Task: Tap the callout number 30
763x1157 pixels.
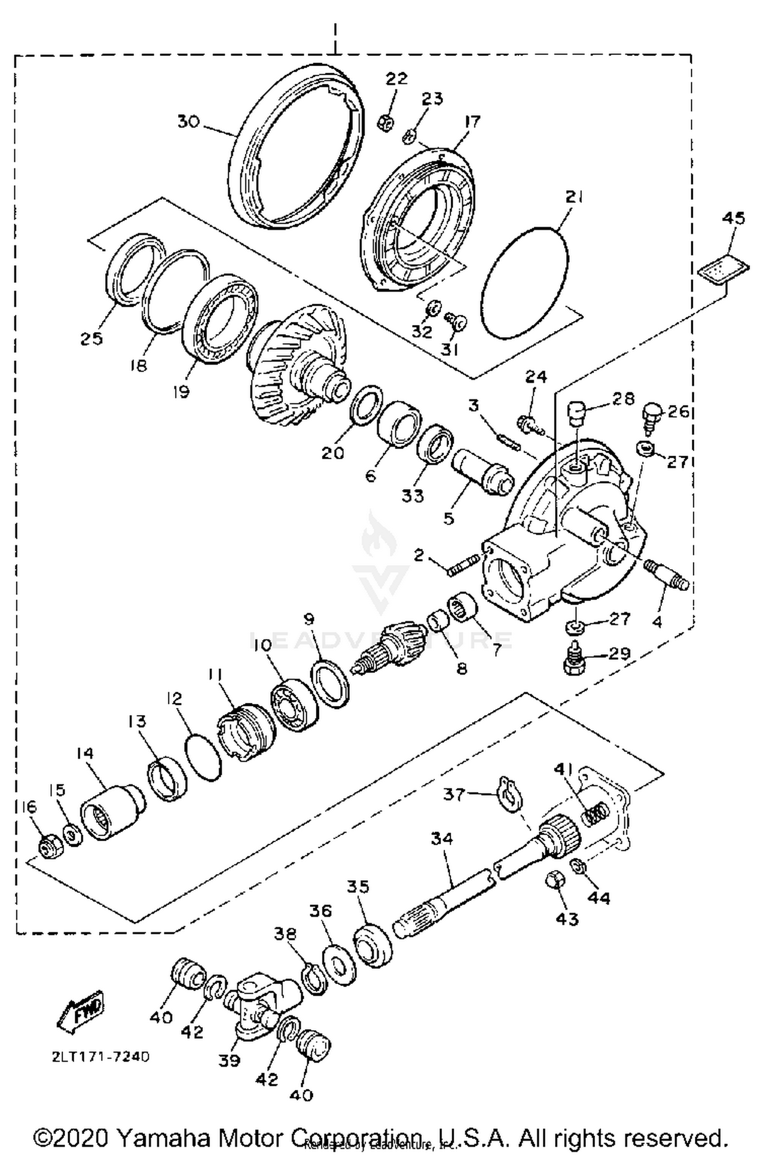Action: click(x=188, y=122)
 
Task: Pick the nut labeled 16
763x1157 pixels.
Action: click(x=50, y=847)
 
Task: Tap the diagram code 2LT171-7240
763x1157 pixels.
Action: click(x=100, y=1057)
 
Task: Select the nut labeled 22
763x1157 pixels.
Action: click(x=386, y=122)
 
